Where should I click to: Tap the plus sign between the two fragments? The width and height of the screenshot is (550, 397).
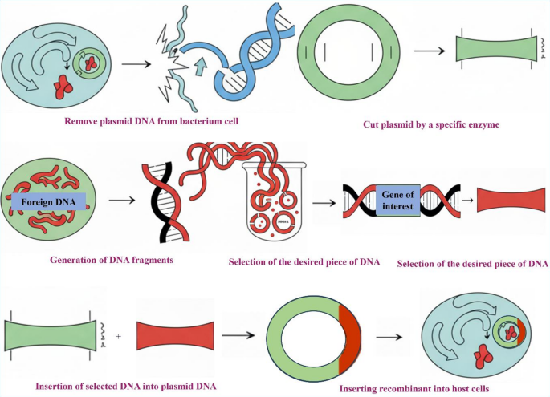(x=119, y=336)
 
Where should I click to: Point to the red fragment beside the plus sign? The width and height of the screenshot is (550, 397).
(x=174, y=334)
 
